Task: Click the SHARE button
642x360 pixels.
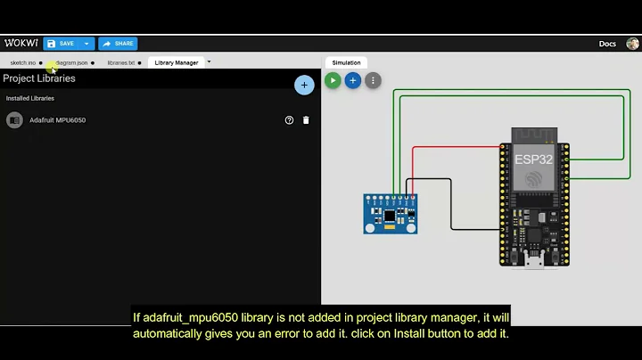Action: [118, 43]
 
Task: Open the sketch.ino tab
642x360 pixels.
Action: [23, 62]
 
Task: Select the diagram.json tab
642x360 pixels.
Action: [71, 62]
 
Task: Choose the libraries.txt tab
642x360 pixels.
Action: [121, 62]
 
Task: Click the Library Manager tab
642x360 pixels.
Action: [177, 62]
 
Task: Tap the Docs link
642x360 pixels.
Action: [607, 44]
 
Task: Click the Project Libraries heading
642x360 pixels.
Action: [39, 78]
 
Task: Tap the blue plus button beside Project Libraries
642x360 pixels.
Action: [304, 85]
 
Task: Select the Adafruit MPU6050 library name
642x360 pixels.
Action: [57, 120]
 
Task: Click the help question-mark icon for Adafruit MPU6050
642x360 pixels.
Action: [289, 120]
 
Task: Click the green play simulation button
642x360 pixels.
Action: [333, 80]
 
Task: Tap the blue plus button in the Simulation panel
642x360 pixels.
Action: [353, 80]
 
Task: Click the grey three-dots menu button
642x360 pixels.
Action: [374, 80]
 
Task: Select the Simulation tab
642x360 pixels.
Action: [346, 62]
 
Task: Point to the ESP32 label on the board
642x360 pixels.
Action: [533, 160]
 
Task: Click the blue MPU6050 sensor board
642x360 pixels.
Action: [391, 214]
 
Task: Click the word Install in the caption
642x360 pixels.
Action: [432, 333]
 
